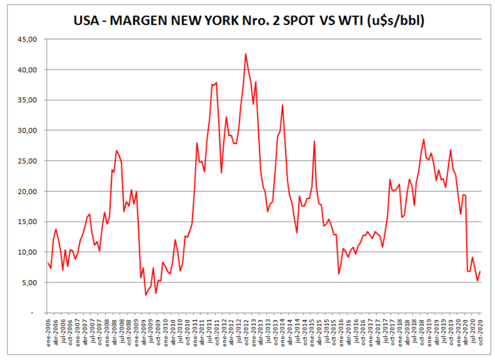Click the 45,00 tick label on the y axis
pyautogui.click(x=27, y=39)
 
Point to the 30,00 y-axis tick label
pyautogui.click(x=27, y=131)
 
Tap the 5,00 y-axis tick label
pyautogui.click(x=29, y=283)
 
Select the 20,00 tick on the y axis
pyautogui.click(x=27, y=192)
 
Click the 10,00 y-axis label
pyautogui.click(x=27, y=252)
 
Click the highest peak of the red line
pyautogui.click(x=245, y=54)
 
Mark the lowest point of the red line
pyautogui.click(x=145, y=295)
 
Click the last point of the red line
pyautogui.click(x=480, y=271)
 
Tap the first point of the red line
pyautogui.click(x=47, y=263)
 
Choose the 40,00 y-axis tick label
pyautogui.click(x=27, y=70)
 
